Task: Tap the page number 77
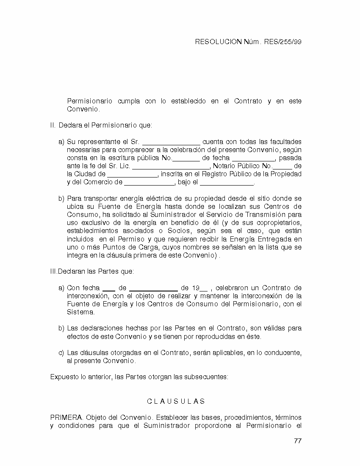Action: (297, 441)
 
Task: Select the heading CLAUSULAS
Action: (176, 401)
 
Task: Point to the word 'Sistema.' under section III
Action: (81, 312)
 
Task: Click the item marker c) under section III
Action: (61, 352)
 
